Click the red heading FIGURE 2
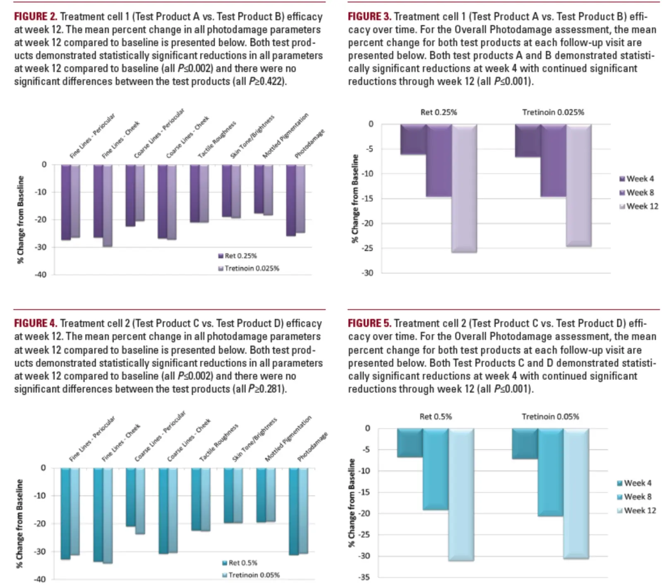(36, 17)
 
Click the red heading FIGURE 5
(369, 323)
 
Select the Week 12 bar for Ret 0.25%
(464, 188)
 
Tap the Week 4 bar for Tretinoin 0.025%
(528, 141)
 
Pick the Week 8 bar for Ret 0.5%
(435, 469)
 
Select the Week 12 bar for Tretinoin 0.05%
(576, 494)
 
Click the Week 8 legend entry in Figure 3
(636, 192)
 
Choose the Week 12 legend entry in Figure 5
(636, 511)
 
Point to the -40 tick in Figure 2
(41, 274)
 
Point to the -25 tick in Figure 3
(367, 248)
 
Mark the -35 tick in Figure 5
(364, 577)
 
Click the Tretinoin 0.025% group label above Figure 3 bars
(553, 112)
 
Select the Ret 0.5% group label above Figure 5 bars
(436, 416)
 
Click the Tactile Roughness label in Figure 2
(217, 139)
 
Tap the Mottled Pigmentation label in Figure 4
(288, 439)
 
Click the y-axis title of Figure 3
(355, 199)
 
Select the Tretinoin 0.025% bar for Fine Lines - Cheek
(107, 206)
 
